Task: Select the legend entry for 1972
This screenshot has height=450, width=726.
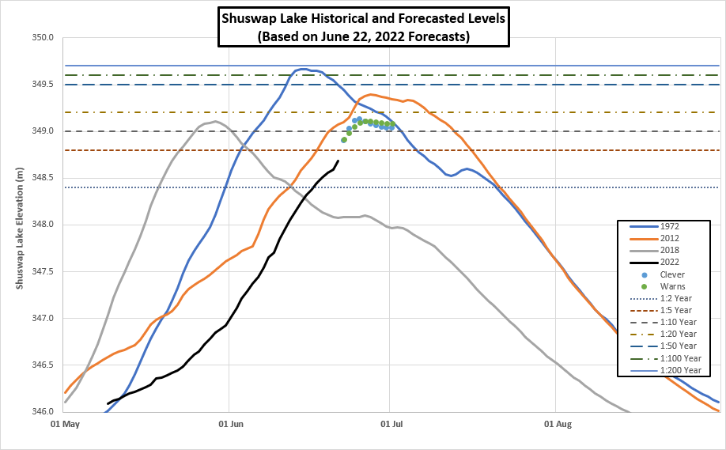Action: [x=668, y=226]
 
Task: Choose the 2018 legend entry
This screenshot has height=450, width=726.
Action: [x=668, y=250]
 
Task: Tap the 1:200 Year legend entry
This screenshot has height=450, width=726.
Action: [x=679, y=369]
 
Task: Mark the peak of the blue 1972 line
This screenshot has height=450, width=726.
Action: [x=303, y=69]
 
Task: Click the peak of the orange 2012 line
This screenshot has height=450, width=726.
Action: [x=371, y=94]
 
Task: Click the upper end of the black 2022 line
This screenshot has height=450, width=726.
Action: [x=338, y=161]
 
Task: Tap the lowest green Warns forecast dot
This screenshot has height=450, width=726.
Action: [x=344, y=140]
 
